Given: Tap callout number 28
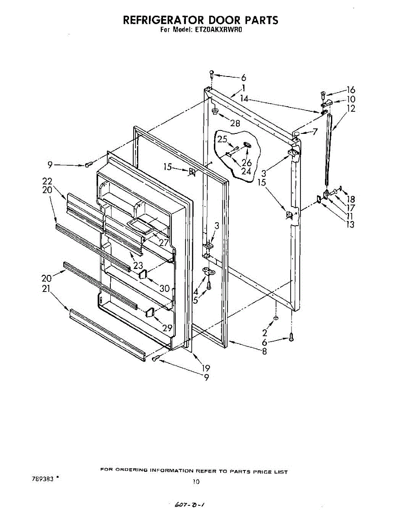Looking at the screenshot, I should click(x=235, y=124).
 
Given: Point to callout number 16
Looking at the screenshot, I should click(x=351, y=90).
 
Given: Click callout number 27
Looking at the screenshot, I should click(x=164, y=243).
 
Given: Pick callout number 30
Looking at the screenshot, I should click(x=165, y=288).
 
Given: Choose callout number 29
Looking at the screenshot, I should click(x=167, y=328).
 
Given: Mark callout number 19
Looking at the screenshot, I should click(x=205, y=368).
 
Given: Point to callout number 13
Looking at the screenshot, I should click(x=350, y=225).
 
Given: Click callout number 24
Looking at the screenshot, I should click(x=246, y=171).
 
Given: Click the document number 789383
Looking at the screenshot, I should click(x=42, y=478).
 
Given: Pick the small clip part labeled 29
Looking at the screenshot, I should click(x=149, y=313).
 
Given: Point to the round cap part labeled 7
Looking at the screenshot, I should click(x=297, y=134).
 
